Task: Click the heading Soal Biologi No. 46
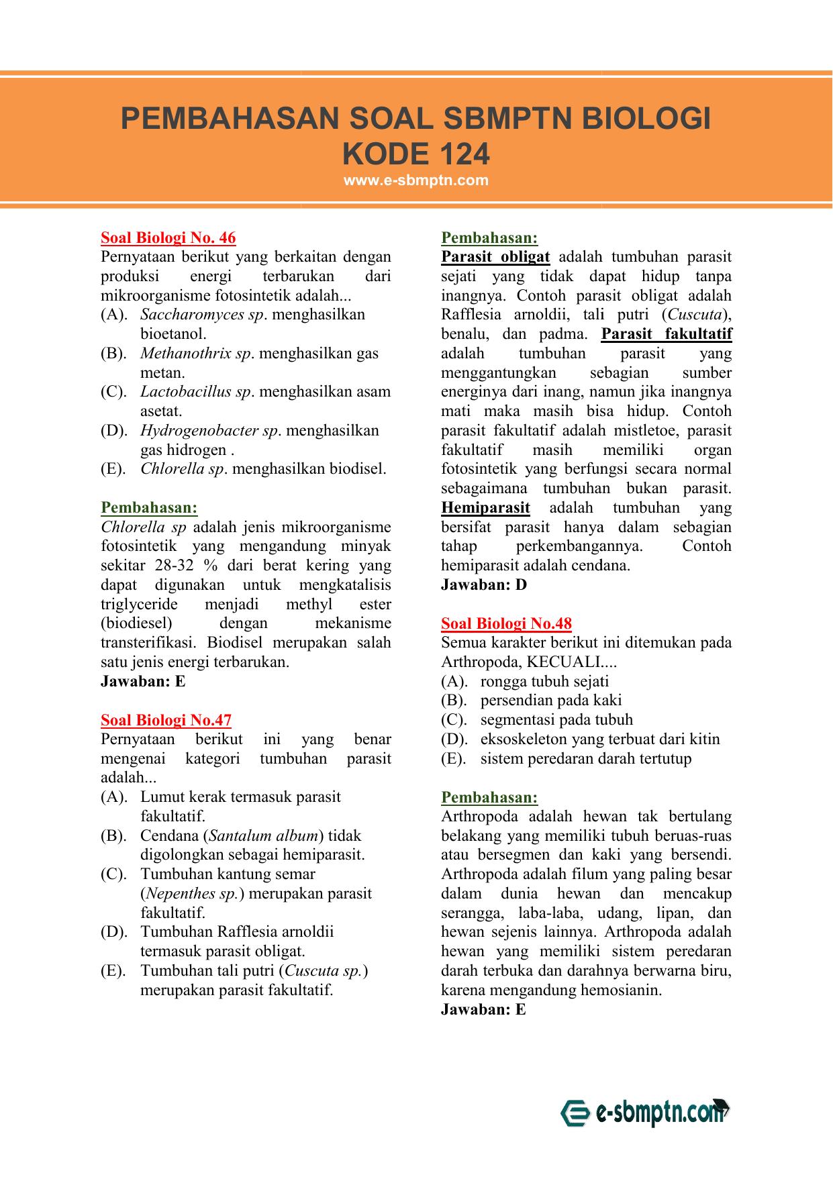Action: [168, 238]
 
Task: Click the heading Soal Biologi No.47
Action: [166, 720]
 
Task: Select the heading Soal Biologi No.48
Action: [506, 623]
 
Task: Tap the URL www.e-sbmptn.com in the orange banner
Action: [415, 181]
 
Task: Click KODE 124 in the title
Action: [415, 154]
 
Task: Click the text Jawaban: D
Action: [483, 584]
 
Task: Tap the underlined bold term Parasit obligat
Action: [495, 257]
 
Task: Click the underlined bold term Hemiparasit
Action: [485, 508]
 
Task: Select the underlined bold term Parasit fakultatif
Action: [666, 334]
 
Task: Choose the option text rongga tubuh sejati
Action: [544, 682]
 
